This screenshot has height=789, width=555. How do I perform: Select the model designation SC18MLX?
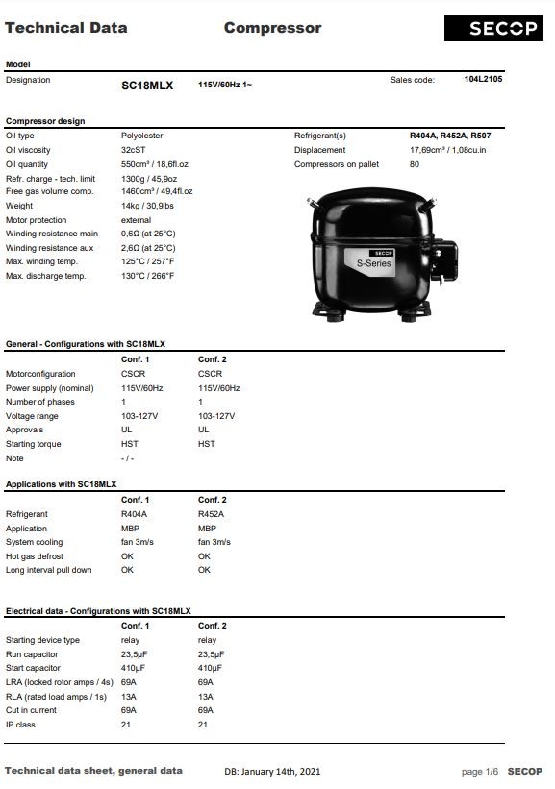coord(146,86)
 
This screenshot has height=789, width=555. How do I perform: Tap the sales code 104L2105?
coord(483,79)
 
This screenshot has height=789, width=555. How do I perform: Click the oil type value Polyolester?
coord(141,136)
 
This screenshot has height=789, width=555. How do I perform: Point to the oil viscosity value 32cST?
coord(133,150)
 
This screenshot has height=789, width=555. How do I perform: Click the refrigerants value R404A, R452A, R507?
coord(450,136)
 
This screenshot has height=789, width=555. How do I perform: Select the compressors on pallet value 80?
coord(415,164)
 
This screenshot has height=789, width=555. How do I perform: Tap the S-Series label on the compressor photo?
coord(373,262)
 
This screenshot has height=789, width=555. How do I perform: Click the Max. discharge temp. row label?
coord(45,276)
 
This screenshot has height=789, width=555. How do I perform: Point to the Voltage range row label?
coord(32,416)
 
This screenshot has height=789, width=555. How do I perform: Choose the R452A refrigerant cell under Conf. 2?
coord(211,514)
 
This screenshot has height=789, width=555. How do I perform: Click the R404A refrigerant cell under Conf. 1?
coord(134,514)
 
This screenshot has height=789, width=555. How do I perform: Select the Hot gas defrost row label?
coord(34,556)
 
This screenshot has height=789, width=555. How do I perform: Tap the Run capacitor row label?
coord(33,654)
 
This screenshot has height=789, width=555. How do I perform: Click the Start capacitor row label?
coord(33,668)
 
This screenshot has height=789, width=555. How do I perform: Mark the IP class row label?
coord(20,725)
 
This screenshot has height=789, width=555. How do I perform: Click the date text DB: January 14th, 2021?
coord(272,772)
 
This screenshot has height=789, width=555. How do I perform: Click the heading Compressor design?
coord(45,121)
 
